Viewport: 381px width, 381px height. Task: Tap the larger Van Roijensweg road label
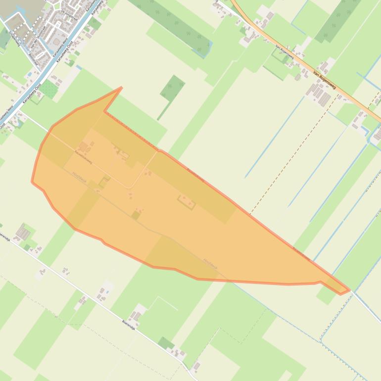pyautogui.click(x=325, y=80)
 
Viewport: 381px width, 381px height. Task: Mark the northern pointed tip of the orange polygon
pyautogui.click(x=121, y=89)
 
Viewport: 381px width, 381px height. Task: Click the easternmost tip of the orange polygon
pyautogui.click(x=348, y=290)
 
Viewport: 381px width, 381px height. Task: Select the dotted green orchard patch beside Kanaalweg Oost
pyautogui.click(x=48, y=90)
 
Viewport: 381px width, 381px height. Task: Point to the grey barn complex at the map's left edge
pyautogui.click(x=22, y=231)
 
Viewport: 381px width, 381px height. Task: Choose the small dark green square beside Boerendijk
pyautogui.click(x=166, y=343)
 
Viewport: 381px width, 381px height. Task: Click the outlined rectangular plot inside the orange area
pyautogui.click(x=186, y=201)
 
